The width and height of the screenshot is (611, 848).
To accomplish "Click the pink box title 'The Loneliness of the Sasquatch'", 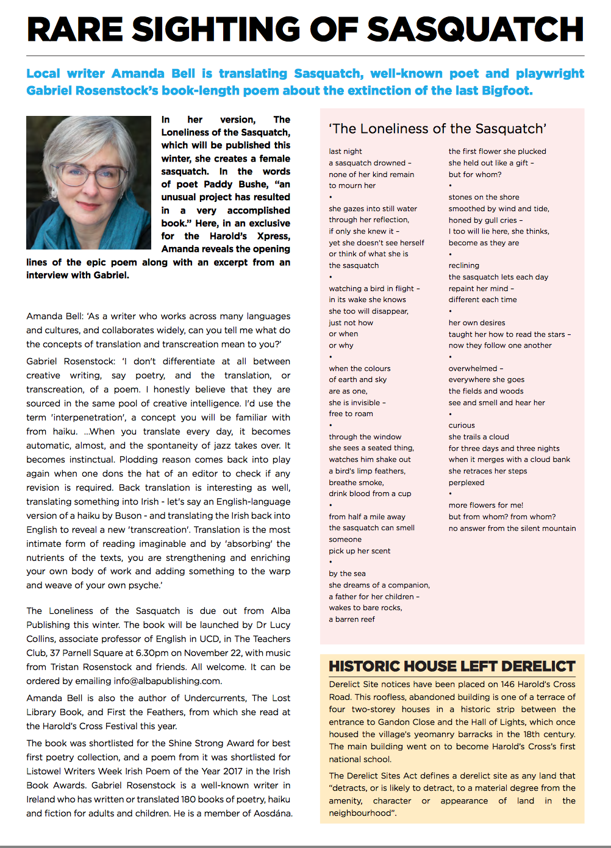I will click(437, 129).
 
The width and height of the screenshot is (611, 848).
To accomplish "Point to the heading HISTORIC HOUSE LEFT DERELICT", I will click(452, 666).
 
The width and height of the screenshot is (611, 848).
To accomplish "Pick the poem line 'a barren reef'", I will click(352, 619).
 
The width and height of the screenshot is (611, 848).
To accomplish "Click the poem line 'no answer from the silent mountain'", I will click(512, 528).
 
